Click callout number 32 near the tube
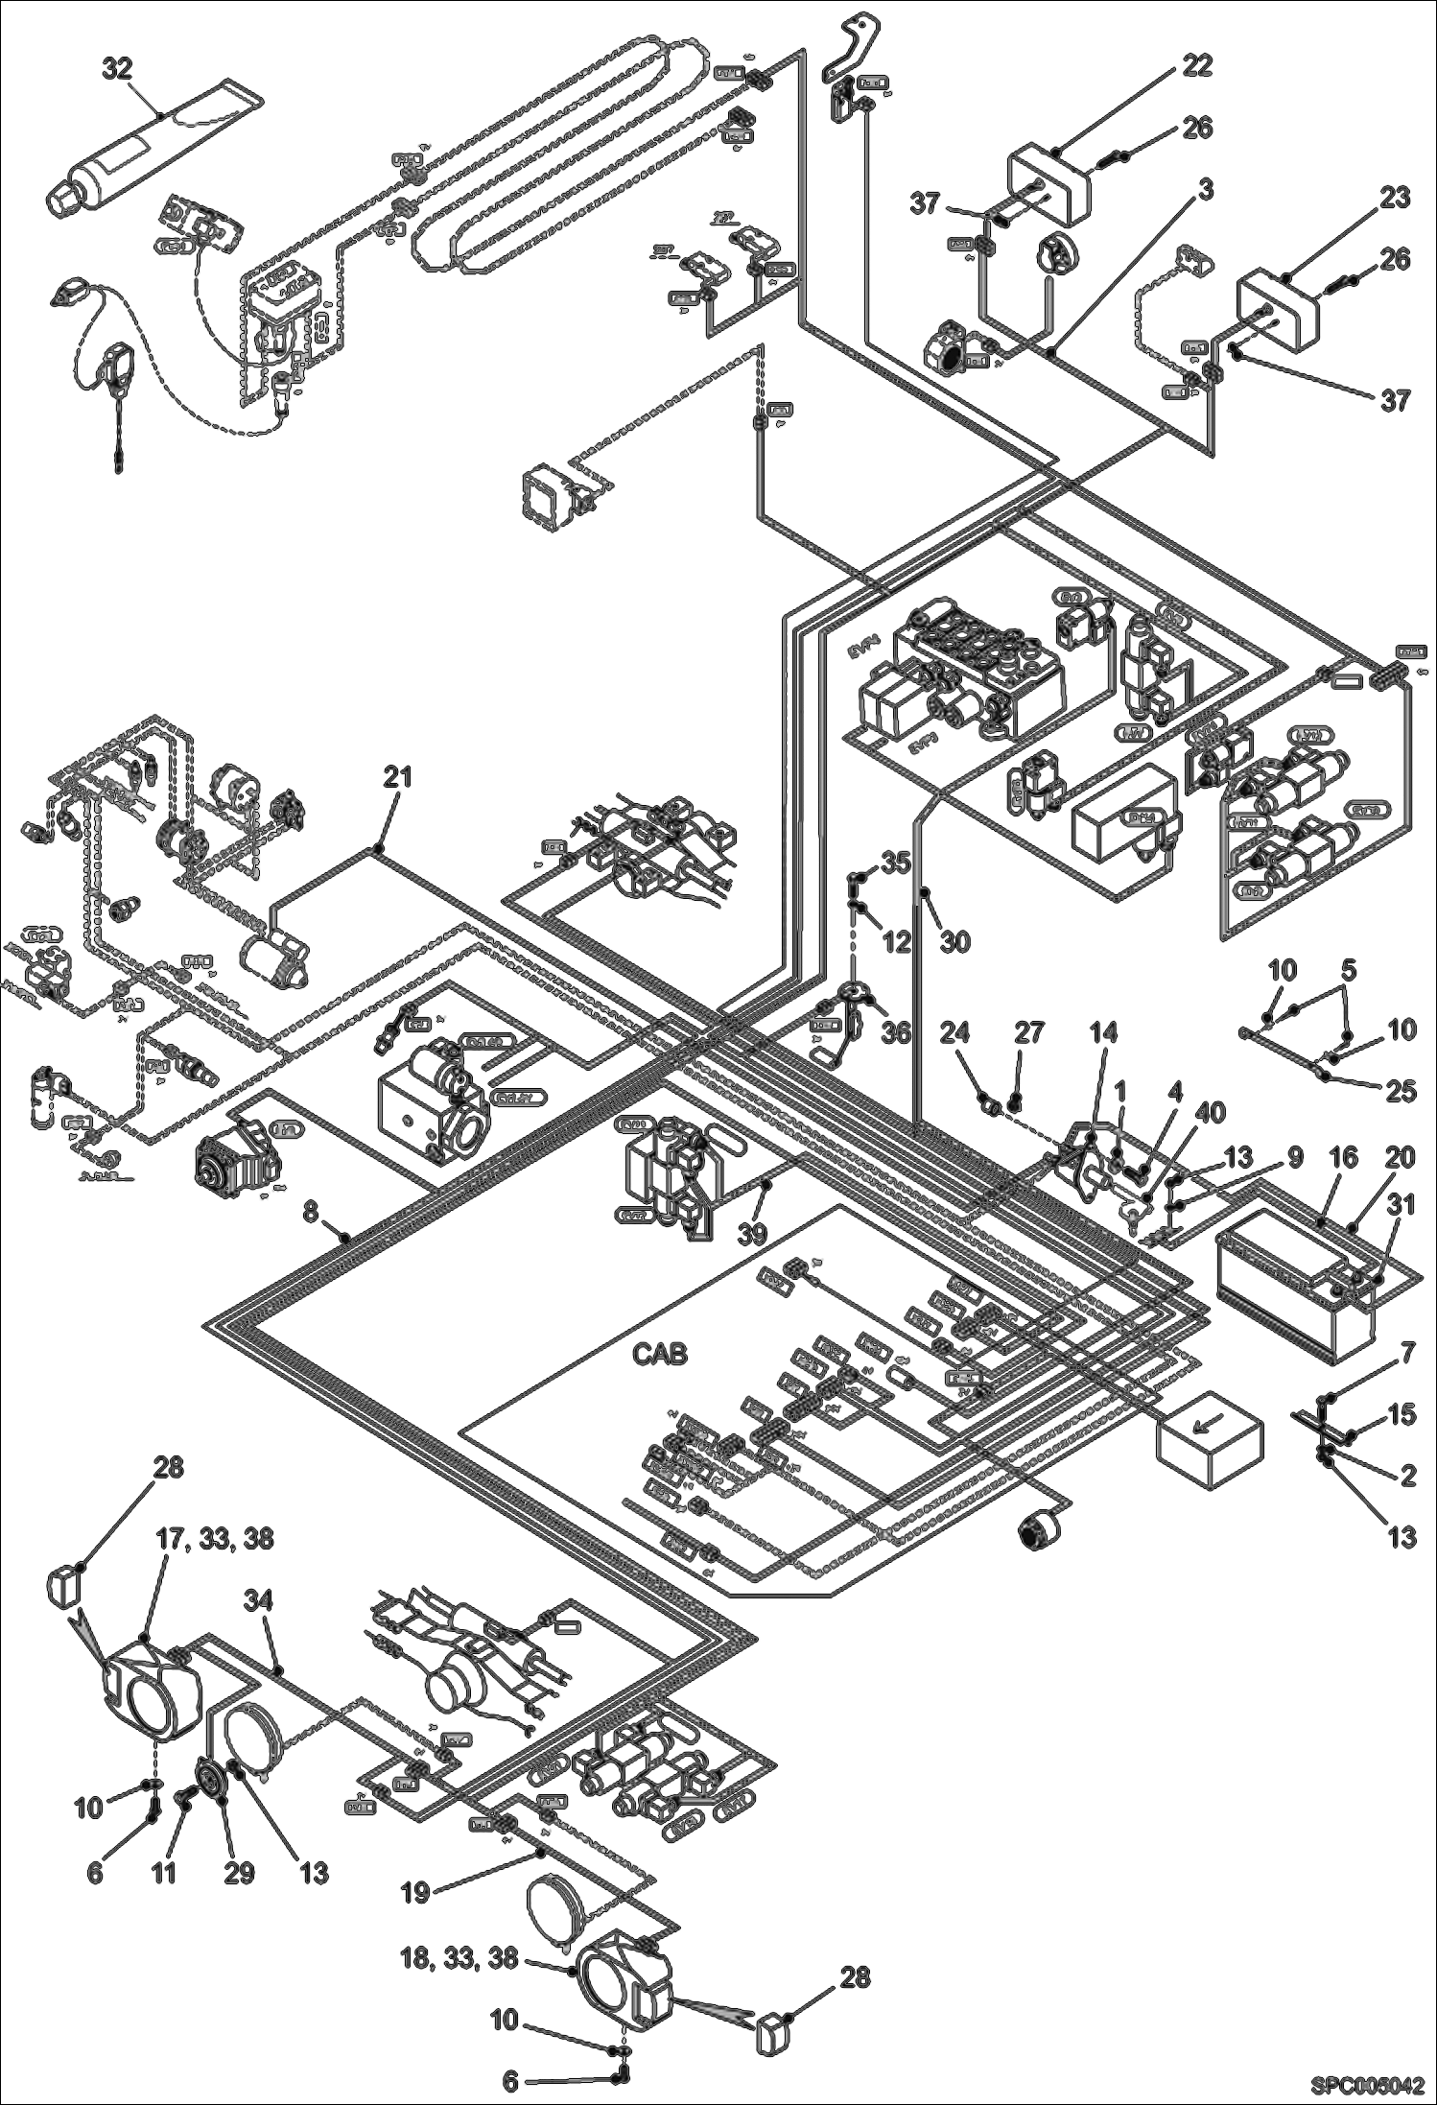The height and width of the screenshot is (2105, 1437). click(117, 71)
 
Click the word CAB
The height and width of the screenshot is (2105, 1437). click(661, 1355)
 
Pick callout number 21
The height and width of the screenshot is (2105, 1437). click(397, 777)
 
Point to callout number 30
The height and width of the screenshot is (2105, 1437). click(954, 942)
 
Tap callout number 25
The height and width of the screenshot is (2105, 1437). click(1402, 1092)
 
